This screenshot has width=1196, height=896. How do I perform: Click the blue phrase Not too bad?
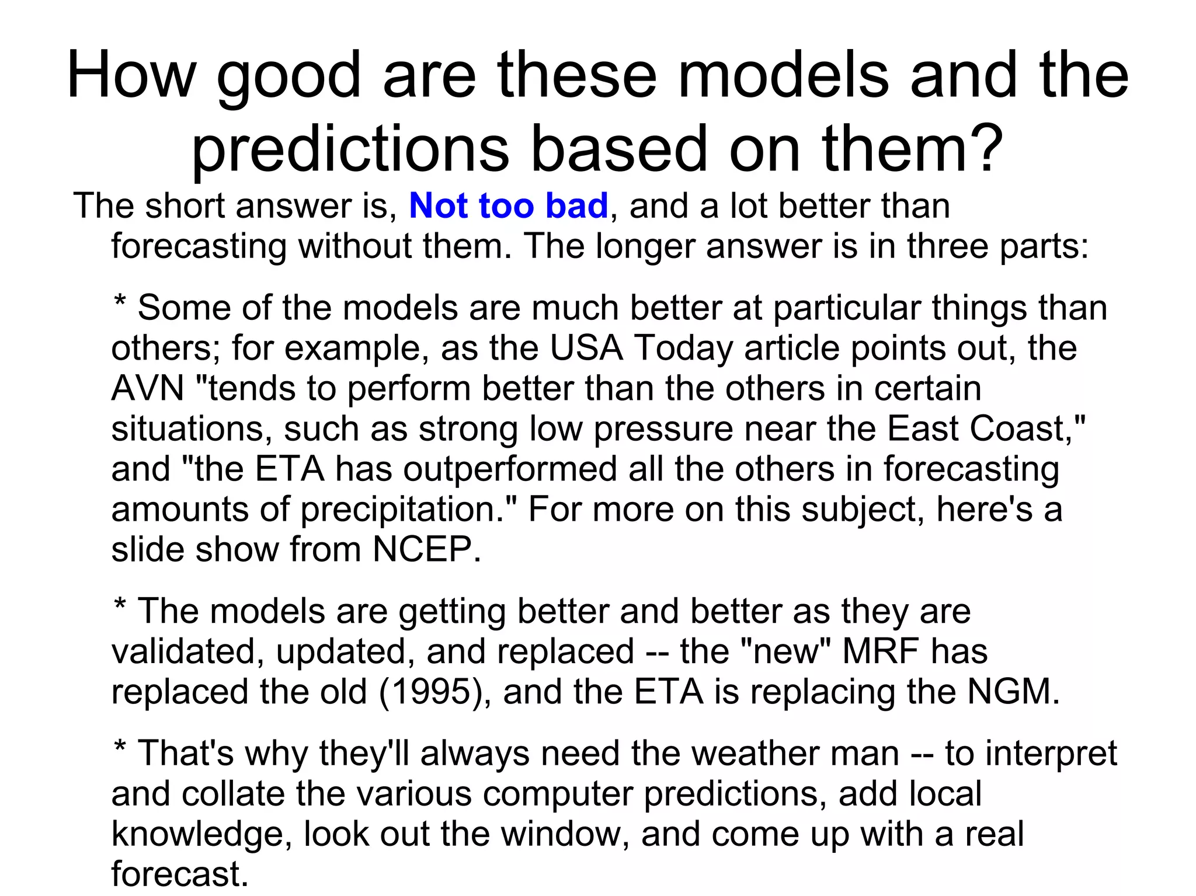[x=509, y=206]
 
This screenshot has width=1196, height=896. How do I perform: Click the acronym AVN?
[x=147, y=389]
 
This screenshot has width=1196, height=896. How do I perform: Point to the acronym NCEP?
[x=426, y=550]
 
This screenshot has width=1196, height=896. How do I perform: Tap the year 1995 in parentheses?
[x=430, y=692]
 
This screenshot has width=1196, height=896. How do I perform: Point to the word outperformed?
[x=509, y=469]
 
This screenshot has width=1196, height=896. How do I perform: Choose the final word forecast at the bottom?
[x=179, y=874]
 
